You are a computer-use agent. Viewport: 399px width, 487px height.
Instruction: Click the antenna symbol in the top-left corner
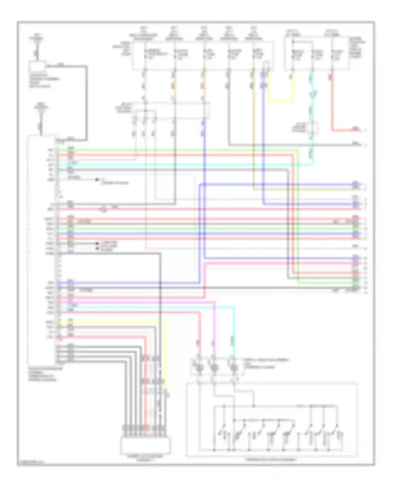(x=36, y=40)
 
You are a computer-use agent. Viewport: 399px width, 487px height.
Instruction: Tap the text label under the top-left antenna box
(x=40, y=81)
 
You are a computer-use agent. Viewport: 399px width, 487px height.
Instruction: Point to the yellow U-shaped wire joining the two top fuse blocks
(x=281, y=101)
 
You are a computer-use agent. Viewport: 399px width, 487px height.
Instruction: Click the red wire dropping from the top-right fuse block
(x=332, y=104)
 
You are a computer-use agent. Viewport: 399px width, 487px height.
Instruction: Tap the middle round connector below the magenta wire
(x=214, y=368)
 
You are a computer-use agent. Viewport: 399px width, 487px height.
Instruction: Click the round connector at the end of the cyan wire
(x=234, y=368)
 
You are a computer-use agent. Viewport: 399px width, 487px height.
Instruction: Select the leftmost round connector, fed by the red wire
(x=199, y=368)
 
